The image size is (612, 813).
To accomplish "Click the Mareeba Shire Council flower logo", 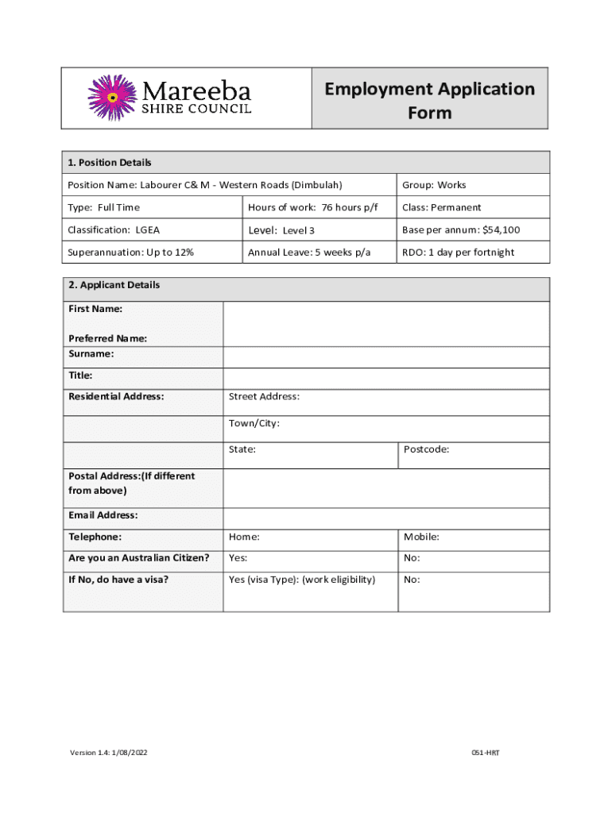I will (x=112, y=98).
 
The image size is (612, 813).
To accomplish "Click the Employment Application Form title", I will (x=429, y=100).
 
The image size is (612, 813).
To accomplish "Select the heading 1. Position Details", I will (x=110, y=163).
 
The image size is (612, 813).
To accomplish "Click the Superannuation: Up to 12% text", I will (x=131, y=252).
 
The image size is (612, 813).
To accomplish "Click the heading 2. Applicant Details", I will (x=114, y=285).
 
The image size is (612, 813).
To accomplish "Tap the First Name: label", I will (x=95, y=308).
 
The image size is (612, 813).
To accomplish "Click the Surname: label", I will (x=91, y=353).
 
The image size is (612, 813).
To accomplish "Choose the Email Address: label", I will (x=103, y=515).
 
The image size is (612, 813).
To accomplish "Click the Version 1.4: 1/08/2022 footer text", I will (x=108, y=752).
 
